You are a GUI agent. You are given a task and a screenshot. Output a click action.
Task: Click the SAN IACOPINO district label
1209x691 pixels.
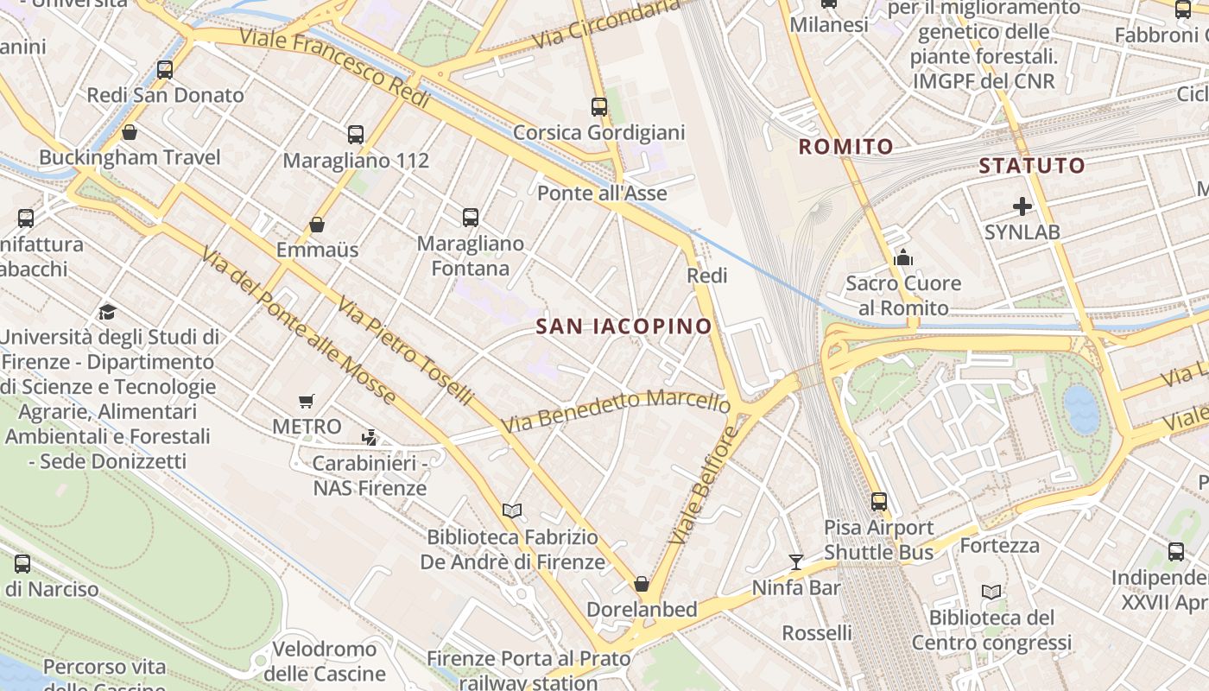tap(623, 326)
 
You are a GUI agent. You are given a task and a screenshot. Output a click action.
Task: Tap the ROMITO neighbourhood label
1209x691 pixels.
tap(845, 147)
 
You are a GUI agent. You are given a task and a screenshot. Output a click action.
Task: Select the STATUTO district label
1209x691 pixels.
tap(1031, 166)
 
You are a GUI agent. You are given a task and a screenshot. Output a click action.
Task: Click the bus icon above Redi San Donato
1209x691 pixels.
tap(165, 70)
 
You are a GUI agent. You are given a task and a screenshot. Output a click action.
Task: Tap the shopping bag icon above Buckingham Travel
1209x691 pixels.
tap(130, 132)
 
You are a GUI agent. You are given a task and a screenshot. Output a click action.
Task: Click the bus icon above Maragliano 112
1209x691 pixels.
tap(356, 135)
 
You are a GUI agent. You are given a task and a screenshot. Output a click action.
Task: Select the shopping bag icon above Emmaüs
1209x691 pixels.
tap(317, 225)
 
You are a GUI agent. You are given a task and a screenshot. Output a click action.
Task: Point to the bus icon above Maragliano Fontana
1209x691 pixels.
tap(471, 218)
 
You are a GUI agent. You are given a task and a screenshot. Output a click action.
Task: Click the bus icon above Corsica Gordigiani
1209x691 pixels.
tap(599, 107)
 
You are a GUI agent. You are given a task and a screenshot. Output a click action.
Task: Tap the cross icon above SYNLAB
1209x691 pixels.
tap(1022, 206)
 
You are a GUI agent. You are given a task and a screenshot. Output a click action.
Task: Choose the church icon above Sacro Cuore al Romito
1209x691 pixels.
tap(903, 257)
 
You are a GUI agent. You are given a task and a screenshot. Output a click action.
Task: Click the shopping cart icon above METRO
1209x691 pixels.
tap(307, 401)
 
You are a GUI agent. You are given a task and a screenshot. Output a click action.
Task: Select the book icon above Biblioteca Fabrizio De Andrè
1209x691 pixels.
tap(512, 510)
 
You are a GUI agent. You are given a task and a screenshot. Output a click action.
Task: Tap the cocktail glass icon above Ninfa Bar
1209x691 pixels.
tap(795, 562)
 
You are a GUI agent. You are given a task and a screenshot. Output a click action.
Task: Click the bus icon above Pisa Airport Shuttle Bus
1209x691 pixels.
tap(879, 502)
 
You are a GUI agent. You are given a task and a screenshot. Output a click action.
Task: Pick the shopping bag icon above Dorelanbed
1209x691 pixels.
tap(642, 584)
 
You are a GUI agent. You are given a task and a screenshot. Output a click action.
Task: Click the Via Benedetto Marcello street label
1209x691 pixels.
tap(616, 411)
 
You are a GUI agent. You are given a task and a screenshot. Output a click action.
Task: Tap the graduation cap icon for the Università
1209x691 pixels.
tap(108, 312)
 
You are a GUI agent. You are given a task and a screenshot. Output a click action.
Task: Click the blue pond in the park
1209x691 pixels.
tap(1081, 409)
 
